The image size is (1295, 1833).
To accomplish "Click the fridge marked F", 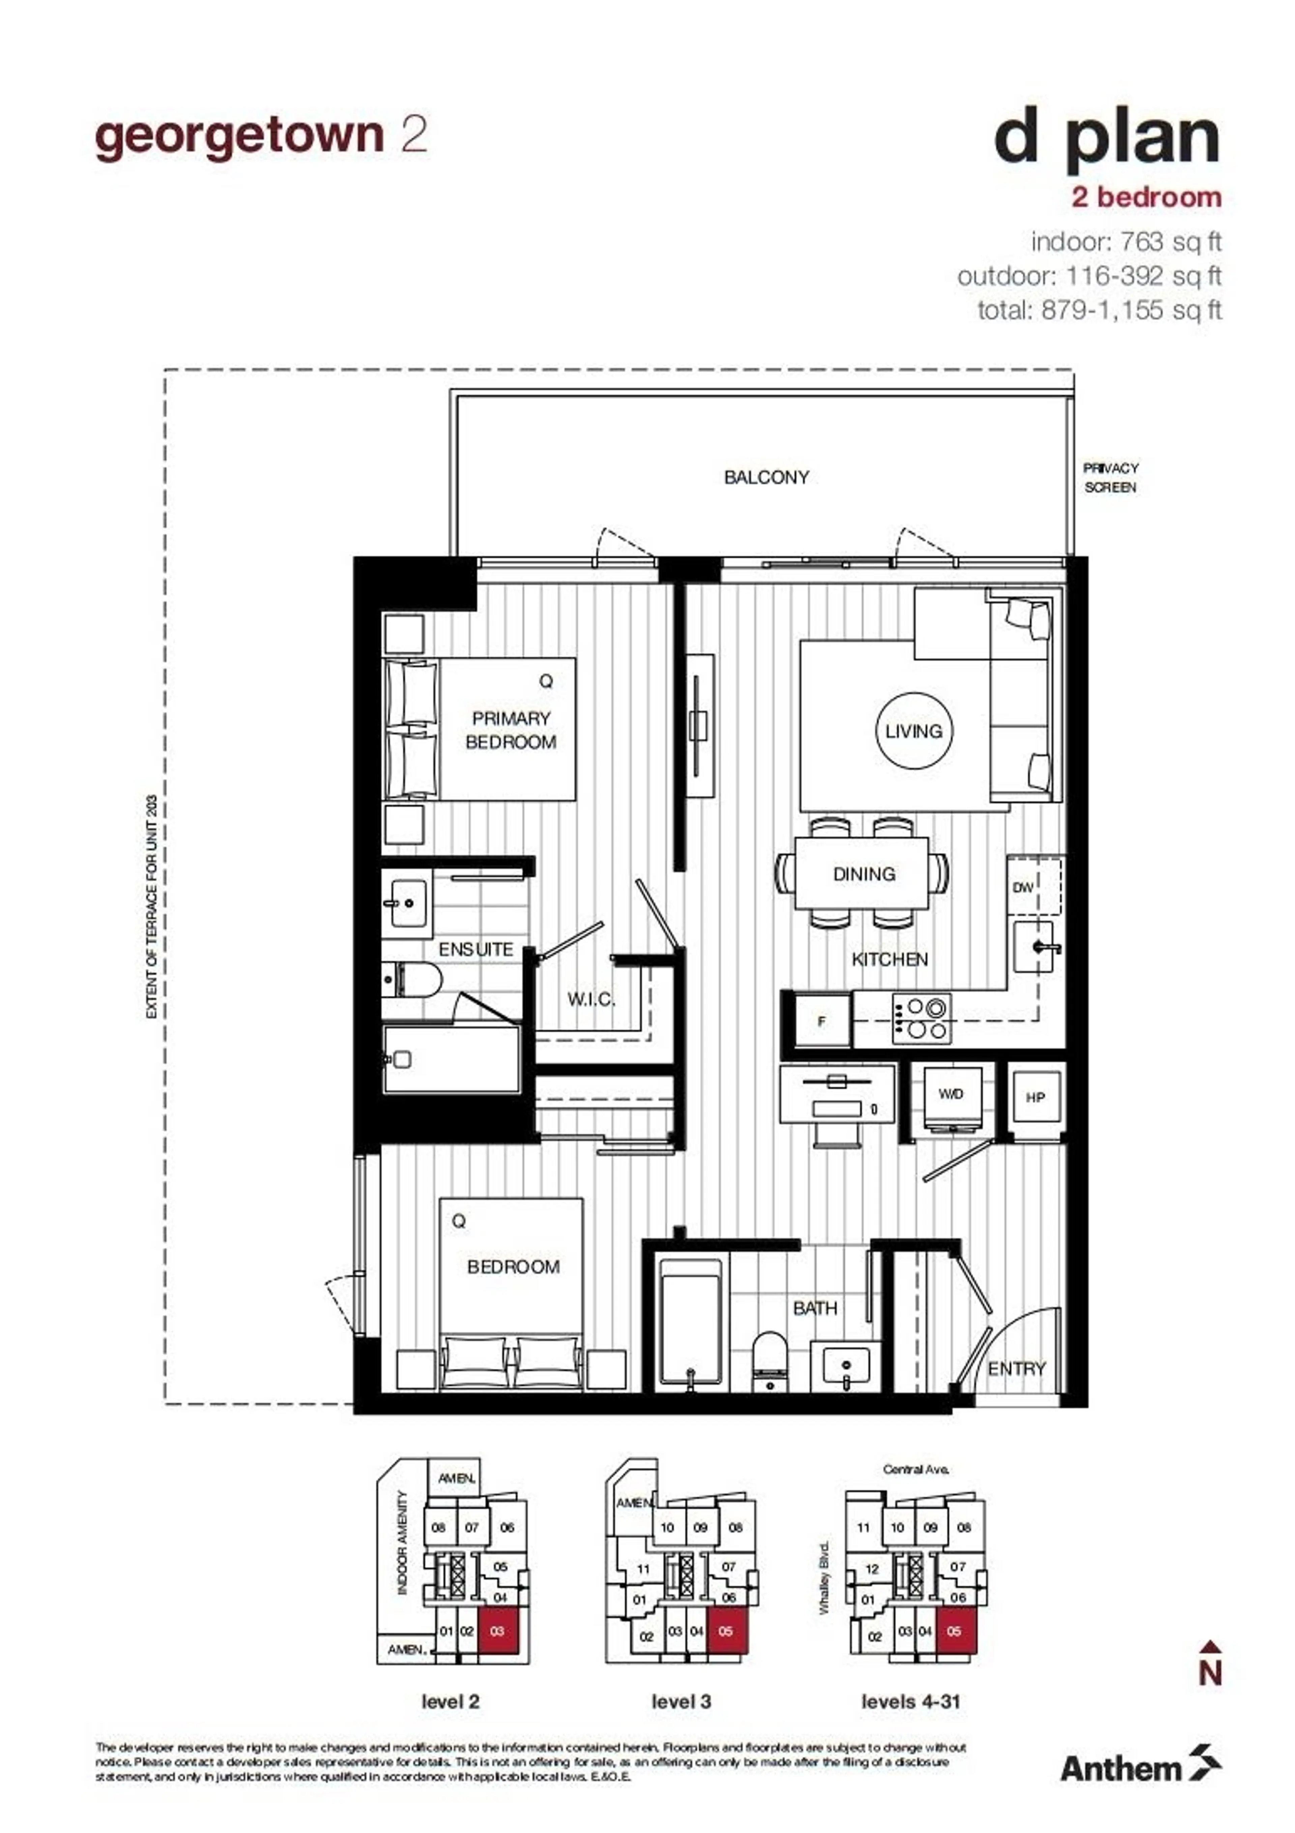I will pyautogui.click(x=822, y=1021).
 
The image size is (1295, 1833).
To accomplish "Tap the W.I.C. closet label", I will pyautogui.click(x=591, y=999).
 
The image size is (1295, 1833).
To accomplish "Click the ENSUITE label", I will pyautogui.click(x=476, y=949).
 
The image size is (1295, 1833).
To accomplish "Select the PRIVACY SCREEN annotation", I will pyautogui.click(x=1110, y=477).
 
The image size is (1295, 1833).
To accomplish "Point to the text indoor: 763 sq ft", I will pyautogui.click(x=1126, y=241).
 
